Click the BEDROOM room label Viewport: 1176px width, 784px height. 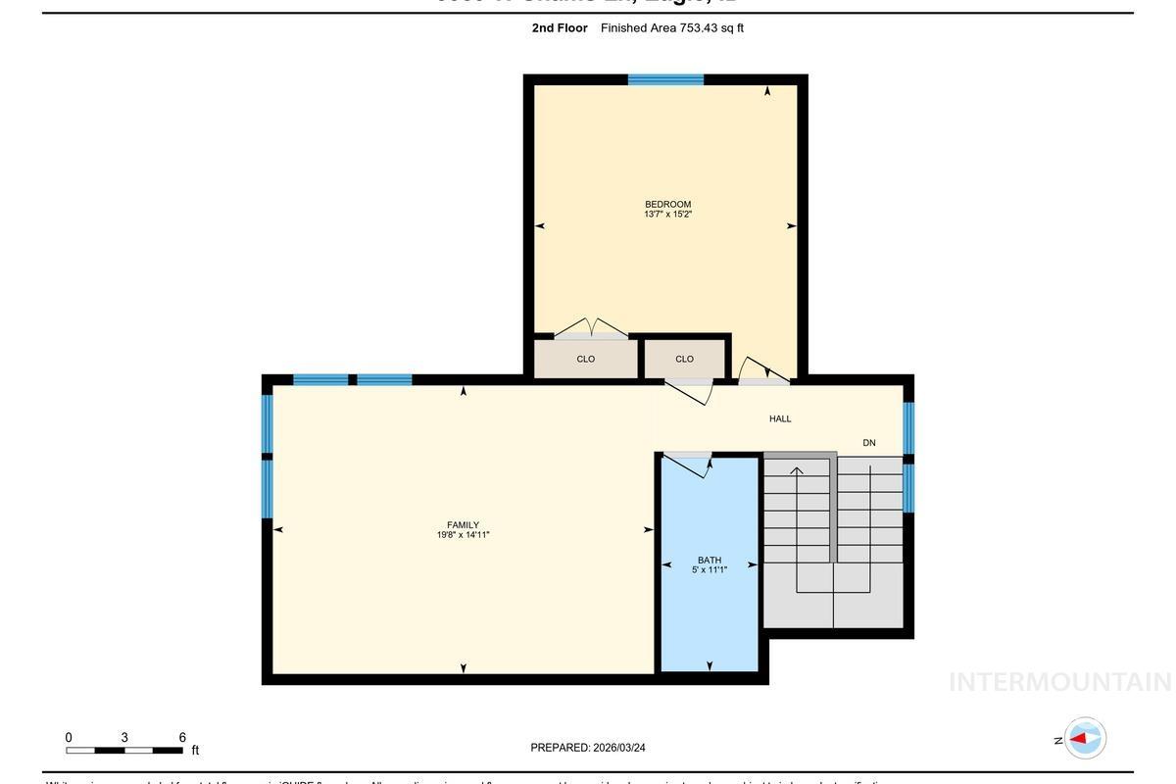point(667,204)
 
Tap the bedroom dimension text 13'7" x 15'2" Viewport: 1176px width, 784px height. point(667,215)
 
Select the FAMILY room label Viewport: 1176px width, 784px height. point(463,525)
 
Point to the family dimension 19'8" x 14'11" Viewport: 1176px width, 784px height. point(463,535)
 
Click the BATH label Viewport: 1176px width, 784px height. point(710,561)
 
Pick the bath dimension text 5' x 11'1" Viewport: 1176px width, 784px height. point(710,570)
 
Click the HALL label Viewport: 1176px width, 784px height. point(780,418)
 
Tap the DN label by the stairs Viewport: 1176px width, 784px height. point(869,443)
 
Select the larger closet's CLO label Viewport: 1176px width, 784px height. point(586,359)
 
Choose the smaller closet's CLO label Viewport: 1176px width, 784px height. point(684,359)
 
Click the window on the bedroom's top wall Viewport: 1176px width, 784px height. point(665,79)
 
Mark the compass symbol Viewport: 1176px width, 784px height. point(1085,738)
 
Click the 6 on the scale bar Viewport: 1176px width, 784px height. point(182,738)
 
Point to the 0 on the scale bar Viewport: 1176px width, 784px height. point(69,738)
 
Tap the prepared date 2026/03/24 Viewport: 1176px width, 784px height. point(619,748)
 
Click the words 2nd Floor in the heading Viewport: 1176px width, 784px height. point(560,27)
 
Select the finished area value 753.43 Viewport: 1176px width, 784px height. point(699,27)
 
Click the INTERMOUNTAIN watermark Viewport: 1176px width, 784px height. point(1059,682)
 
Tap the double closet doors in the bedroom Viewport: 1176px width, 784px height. point(591,327)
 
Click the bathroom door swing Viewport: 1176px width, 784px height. point(688,465)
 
